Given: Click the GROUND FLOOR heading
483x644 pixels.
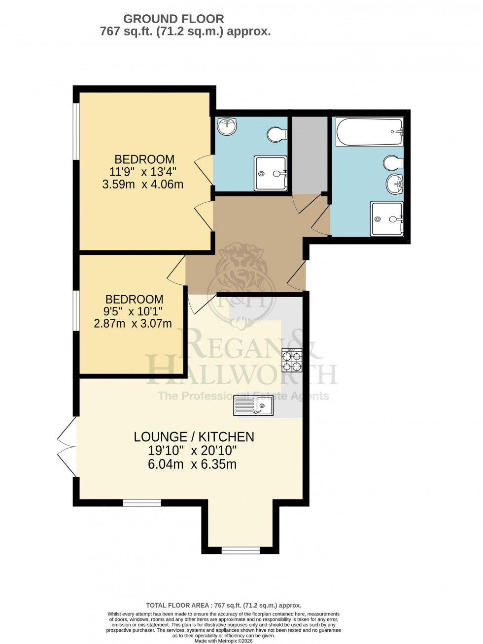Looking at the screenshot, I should coord(173,19).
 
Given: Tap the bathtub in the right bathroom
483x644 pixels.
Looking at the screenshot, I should coord(369,132).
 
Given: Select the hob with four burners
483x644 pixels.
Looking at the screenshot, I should coord(291,361).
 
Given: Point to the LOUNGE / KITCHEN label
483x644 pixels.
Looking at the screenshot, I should coord(194,436).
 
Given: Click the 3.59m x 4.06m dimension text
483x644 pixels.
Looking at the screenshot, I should coord(142,184).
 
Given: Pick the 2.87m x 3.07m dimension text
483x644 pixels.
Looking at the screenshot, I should coord(133,324).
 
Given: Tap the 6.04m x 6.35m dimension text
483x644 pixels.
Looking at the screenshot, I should coord(192,464).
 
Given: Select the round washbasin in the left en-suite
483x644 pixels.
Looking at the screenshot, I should coord(228,127).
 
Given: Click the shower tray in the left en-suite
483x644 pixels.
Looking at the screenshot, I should coord(270,173).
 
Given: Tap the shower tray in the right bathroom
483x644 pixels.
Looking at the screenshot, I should coord(387,219).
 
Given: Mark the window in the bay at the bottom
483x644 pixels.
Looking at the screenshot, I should coord(240,550).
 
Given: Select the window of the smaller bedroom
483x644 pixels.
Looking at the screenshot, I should coord(76,310).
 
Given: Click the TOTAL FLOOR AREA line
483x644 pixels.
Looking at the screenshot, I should coord(224,606).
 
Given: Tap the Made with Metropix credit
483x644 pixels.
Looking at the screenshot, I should coord(224,641).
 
